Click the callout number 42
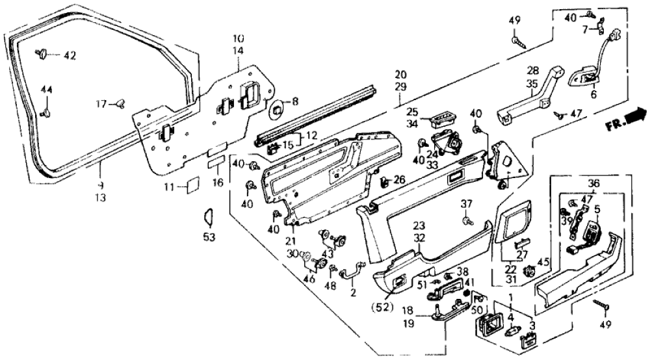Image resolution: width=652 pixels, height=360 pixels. coord(70,56)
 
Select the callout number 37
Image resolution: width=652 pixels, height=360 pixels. coord(465,205)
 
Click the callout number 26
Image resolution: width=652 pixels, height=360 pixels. coord(398,179)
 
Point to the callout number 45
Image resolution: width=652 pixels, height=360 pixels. coord(544,263)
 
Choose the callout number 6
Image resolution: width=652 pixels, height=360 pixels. coord(592,94)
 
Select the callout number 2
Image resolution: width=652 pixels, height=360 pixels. coord(354,292)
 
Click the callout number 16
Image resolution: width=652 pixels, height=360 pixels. coord(218,184)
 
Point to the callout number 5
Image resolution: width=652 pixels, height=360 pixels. coord(596,210)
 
